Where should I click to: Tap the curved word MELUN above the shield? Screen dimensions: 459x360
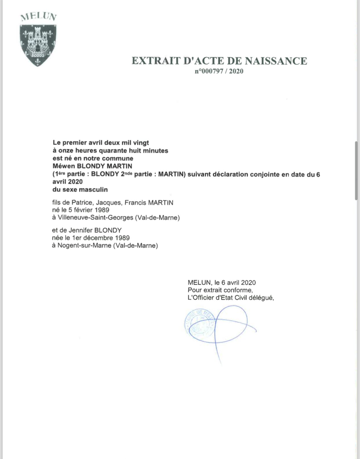pyautogui.click(x=39, y=17)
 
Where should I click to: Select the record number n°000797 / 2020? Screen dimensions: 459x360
pyautogui.click(x=219, y=71)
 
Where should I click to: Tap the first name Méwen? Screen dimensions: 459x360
pyautogui.click(x=64, y=166)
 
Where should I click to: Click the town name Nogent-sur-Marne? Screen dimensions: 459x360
pyautogui.click(x=84, y=245)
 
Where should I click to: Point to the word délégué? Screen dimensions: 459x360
pyautogui.click(x=261, y=298)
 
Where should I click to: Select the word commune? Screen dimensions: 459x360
pyautogui.click(x=117, y=158)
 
